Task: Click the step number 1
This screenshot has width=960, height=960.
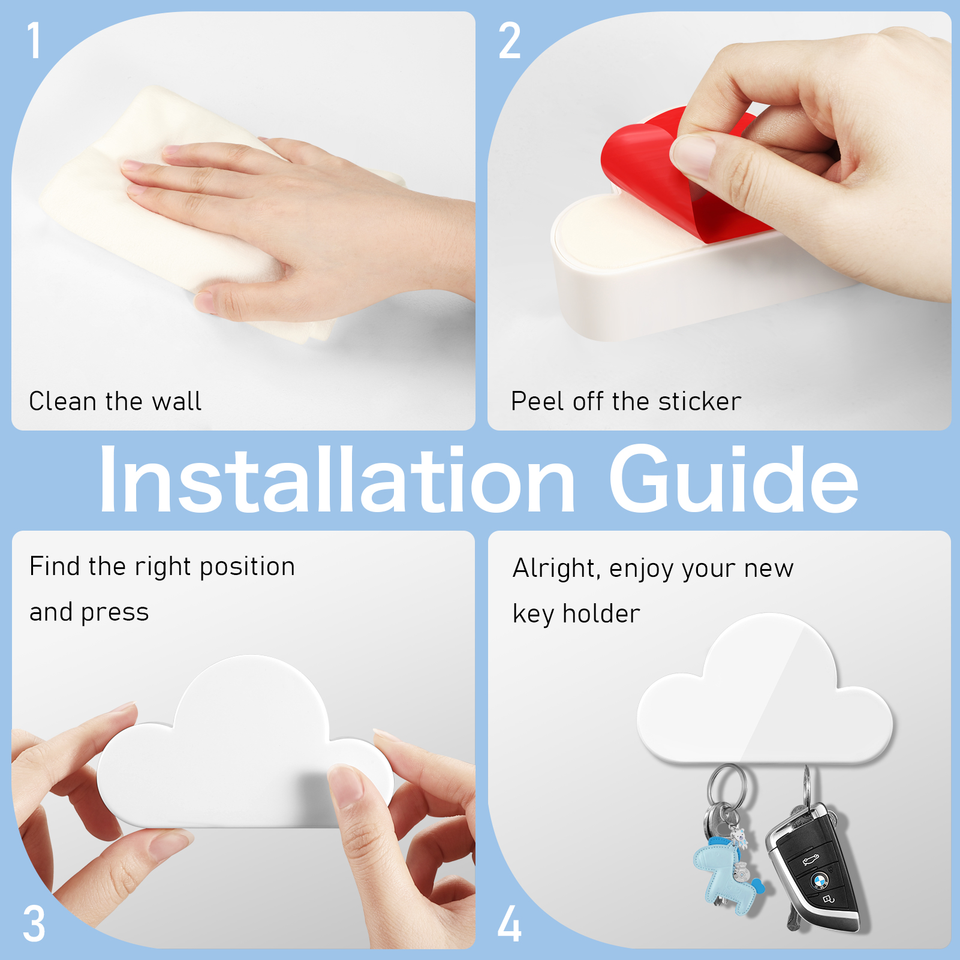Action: tap(35, 40)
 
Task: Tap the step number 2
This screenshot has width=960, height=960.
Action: tap(510, 40)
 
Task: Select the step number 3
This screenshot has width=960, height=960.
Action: tap(34, 923)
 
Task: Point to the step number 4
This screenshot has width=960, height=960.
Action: tap(509, 923)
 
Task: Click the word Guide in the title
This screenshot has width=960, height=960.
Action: tap(734, 480)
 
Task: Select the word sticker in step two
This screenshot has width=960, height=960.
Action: tap(700, 401)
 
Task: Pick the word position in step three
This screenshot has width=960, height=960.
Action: tap(247, 567)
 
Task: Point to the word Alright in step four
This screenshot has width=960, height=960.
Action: tap(556, 568)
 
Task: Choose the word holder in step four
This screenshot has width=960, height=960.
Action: tap(601, 613)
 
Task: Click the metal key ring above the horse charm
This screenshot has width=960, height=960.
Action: tap(727, 786)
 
